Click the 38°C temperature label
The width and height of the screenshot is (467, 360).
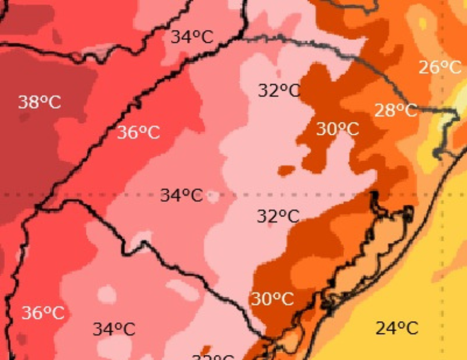point(39,102)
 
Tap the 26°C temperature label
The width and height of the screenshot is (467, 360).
point(440,67)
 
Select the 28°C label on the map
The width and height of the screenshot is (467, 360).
point(395,110)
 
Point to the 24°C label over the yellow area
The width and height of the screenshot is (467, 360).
point(397,328)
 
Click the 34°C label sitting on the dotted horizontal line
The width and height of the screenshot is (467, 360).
point(181,195)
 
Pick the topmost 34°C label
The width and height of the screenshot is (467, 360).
point(192,37)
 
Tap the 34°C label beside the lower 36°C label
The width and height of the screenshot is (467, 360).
point(114,329)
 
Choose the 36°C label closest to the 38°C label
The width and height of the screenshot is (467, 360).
point(138,133)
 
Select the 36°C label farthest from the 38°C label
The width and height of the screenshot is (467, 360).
point(43,313)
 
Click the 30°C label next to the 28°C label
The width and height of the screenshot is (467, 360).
point(337,129)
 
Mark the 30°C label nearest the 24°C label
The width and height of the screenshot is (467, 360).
point(272,299)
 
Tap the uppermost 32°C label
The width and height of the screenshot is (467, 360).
point(279,90)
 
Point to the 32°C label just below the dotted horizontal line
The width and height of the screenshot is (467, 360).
point(278,216)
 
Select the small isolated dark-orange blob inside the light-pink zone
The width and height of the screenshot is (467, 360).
point(286,170)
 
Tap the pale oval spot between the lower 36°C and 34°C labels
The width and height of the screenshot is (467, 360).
point(106,294)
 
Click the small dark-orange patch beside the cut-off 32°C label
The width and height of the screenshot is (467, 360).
point(206,349)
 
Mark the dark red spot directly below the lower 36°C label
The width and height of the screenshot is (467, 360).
point(22,338)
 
